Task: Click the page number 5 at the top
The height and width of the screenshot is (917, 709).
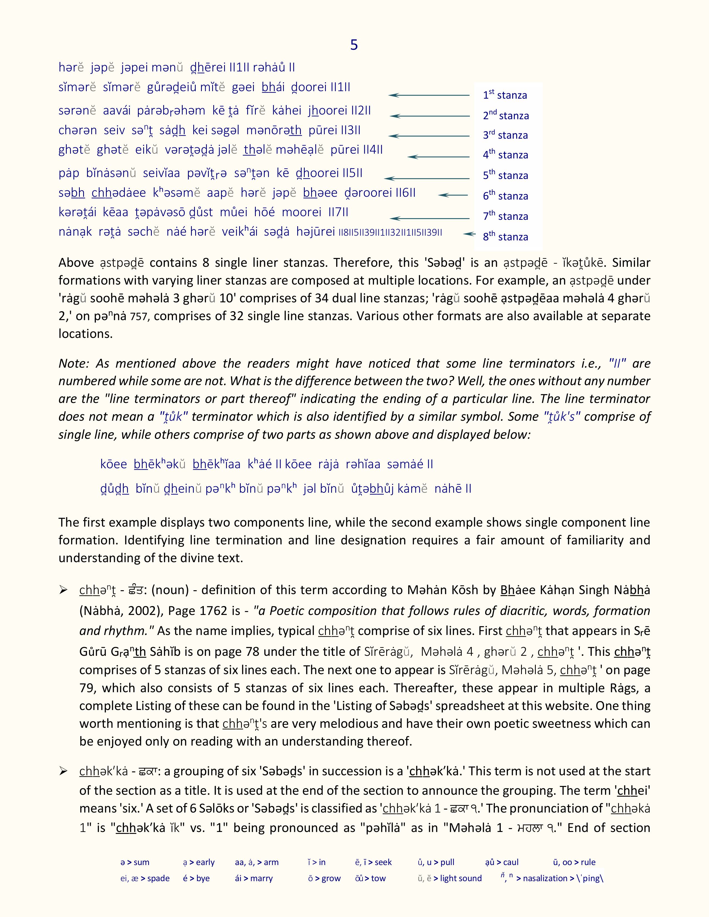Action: [354, 45]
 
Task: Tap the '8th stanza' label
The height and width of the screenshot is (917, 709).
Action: [505, 236]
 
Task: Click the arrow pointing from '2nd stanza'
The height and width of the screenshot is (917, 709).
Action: [429, 116]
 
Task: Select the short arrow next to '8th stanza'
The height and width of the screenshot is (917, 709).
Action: [469, 234]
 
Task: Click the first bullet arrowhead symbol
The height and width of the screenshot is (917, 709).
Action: [63, 590]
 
